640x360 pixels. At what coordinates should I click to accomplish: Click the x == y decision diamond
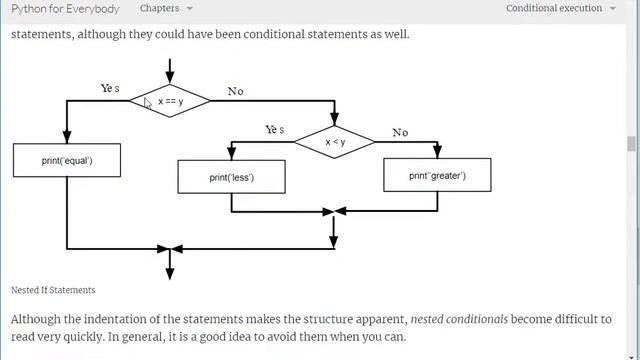coord(170,101)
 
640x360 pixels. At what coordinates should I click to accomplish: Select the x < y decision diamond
coord(334,142)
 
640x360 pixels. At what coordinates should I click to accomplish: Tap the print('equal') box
coord(67,160)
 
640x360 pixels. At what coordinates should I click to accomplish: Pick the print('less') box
coord(231,177)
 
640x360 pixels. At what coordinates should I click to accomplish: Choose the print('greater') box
coord(438,175)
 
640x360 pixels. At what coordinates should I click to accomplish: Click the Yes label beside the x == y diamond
coord(110,88)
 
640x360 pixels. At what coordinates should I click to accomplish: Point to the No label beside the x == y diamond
coord(236,91)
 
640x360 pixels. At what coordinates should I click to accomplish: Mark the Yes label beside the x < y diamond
coord(275,129)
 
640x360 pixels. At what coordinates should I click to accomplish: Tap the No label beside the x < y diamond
coord(400,132)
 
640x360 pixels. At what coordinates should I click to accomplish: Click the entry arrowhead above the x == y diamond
coord(170,78)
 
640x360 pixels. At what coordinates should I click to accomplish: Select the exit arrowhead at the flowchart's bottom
coord(170,274)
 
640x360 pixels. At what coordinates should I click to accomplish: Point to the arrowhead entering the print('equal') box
coord(67,137)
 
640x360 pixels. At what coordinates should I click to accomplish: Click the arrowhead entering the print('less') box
coord(231,154)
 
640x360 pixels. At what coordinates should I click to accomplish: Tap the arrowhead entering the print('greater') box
coord(438,152)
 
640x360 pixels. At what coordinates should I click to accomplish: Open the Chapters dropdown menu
coord(166,8)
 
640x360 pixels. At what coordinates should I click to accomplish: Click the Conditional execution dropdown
coord(561,8)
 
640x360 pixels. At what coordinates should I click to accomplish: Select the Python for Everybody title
coord(65,9)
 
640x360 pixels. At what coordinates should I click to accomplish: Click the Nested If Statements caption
coord(53,290)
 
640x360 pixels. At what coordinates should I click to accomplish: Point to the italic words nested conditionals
coord(459,319)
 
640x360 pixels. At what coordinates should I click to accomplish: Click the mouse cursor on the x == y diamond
coord(147,103)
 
